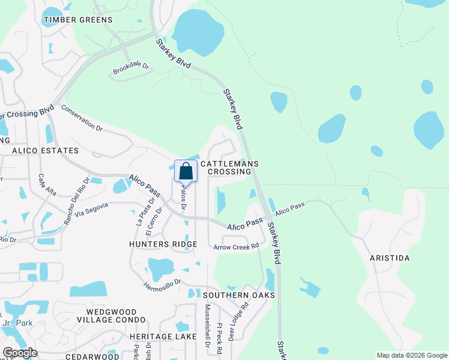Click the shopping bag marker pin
[x=186, y=171]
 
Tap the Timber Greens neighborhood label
[x=77, y=20]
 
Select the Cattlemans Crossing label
[x=229, y=167]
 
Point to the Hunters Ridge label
[x=163, y=244]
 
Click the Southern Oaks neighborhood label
[x=239, y=295]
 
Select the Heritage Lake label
[x=163, y=337]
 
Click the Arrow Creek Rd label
[x=236, y=246]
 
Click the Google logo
[x=20, y=353]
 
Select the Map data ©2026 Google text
[x=412, y=355]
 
